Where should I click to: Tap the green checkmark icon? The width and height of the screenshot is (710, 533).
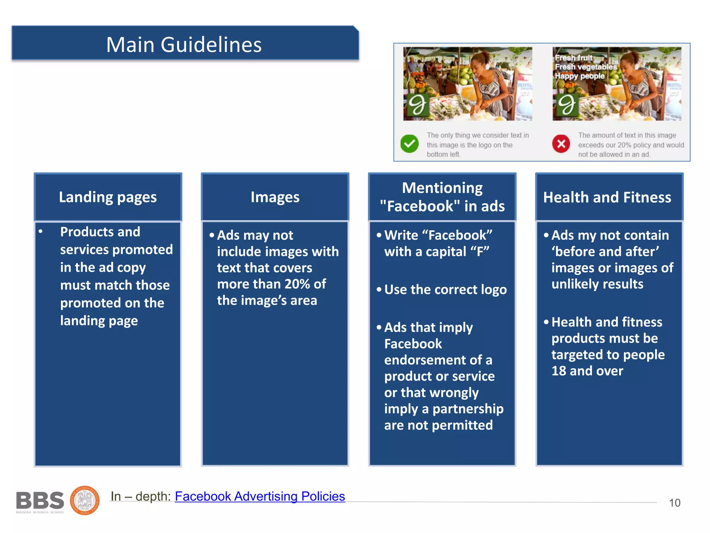point(409,144)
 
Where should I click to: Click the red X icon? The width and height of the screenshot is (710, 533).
point(561,144)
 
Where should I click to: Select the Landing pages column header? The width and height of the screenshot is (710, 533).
point(108,197)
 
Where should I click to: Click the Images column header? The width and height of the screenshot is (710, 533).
point(275,197)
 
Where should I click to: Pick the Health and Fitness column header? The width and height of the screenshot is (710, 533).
point(607,197)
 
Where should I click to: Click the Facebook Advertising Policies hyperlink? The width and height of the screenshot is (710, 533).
point(260,496)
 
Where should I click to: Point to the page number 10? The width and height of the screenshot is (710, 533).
point(674,503)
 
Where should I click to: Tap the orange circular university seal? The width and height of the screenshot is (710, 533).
point(85,500)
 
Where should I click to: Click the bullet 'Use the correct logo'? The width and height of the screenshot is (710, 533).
point(445,289)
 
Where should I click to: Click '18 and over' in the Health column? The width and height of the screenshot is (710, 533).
point(587,371)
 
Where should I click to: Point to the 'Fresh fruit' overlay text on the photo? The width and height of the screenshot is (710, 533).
point(573,58)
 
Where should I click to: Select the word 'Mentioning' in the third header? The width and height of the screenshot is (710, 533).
point(442,188)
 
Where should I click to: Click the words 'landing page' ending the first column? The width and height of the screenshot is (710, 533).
point(99,321)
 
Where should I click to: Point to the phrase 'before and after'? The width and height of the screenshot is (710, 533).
point(605,252)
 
